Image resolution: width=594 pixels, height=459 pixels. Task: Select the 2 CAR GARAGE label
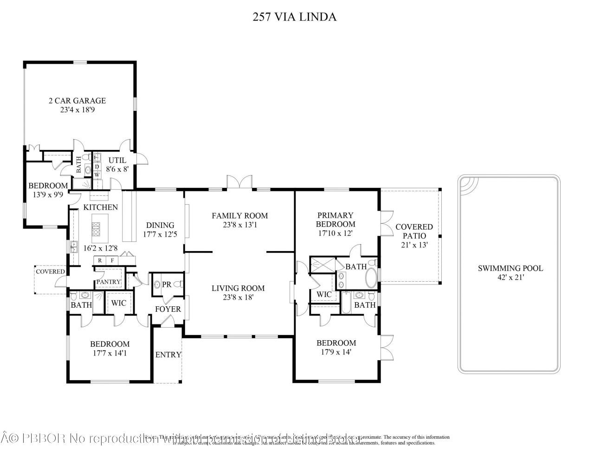(x=77, y=101)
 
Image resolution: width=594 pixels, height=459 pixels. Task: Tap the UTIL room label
(x=117, y=161)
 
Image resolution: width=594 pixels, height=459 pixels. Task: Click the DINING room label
(x=160, y=226)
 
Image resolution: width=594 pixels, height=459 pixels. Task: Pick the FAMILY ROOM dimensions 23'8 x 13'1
(x=239, y=225)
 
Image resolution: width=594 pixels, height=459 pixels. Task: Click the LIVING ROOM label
(x=238, y=288)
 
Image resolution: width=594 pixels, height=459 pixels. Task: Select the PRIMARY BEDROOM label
(x=335, y=220)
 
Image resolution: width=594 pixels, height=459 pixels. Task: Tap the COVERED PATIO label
(x=414, y=231)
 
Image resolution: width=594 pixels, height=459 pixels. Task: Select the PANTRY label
(x=108, y=282)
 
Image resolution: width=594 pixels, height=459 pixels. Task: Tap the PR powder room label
(x=166, y=284)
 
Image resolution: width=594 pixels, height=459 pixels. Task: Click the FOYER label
(x=168, y=309)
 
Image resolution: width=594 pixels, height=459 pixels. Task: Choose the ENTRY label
(x=168, y=355)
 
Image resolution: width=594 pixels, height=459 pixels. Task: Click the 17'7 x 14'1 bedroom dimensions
(x=110, y=353)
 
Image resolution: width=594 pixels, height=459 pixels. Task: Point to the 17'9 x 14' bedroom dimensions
(x=336, y=352)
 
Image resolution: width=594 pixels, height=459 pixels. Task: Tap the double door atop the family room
(x=239, y=182)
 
